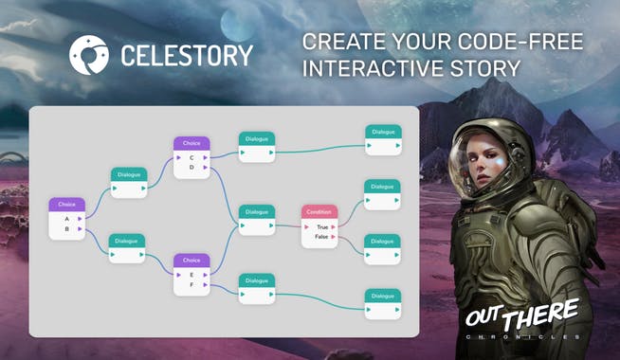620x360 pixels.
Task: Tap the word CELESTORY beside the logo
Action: [x=186, y=55]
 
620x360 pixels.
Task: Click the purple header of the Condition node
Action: [x=319, y=212]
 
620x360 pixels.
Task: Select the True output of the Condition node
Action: [x=322, y=227]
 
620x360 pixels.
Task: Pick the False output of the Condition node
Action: [x=322, y=237]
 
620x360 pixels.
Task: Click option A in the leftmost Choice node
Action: [x=66, y=219]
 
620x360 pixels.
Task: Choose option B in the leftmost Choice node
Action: [x=66, y=228]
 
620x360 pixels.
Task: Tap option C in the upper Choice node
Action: [x=191, y=157]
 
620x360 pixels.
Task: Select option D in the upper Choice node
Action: [x=191, y=167]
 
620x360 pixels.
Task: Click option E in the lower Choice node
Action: [x=191, y=275]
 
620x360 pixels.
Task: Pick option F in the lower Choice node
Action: [x=191, y=284]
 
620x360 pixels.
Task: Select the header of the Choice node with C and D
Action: [x=191, y=143]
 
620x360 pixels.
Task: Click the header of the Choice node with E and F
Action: [x=191, y=260]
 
